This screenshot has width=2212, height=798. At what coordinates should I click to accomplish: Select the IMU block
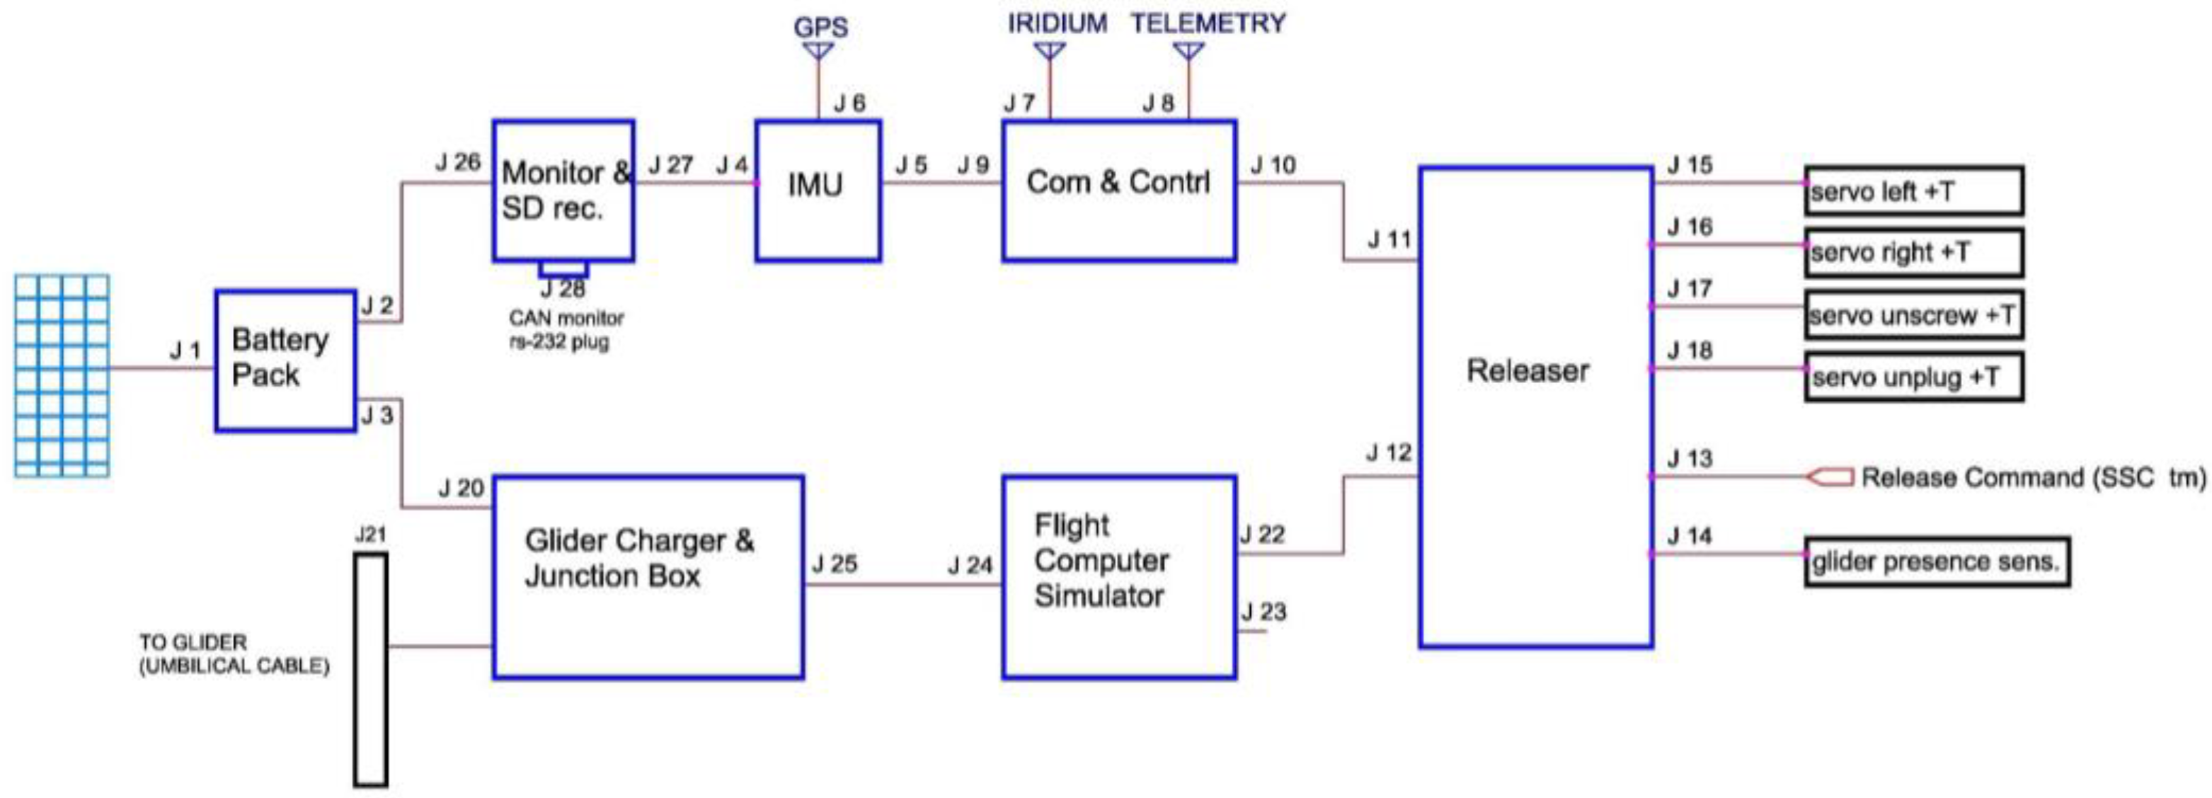click(818, 190)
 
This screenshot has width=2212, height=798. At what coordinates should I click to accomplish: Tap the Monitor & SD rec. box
click(563, 190)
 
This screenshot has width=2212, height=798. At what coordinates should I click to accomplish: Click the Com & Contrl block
click(1119, 190)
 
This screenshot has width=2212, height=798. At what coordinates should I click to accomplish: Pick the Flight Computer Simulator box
click(1119, 577)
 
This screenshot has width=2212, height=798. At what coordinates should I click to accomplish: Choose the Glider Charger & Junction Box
click(648, 577)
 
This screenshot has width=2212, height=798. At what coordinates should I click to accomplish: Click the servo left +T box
click(1913, 190)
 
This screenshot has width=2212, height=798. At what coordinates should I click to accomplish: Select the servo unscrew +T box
click(1913, 315)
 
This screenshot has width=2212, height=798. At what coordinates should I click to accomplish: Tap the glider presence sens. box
click(1937, 562)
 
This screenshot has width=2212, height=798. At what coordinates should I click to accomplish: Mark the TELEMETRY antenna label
click(1208, 23)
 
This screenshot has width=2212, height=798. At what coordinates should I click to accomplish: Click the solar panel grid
click(62, 375)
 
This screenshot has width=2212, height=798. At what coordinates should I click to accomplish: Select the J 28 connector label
click(563, 289)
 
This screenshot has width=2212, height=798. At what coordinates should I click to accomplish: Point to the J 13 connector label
click(1689, 459)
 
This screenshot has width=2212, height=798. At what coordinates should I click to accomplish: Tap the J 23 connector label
click(1263, 612)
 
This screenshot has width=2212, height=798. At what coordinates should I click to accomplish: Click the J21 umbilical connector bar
click(371, 669)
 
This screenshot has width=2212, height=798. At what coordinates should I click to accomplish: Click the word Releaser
click(1528, 370)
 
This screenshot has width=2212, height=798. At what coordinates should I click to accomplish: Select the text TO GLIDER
click(193, 642)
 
